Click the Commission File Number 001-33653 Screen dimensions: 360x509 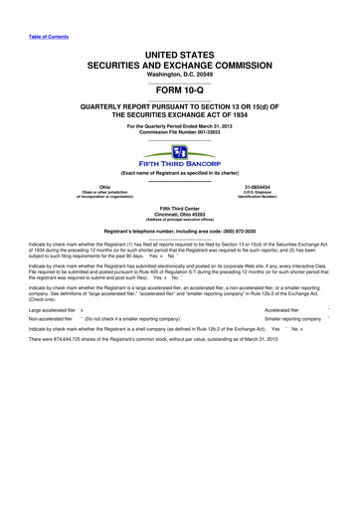point(180,134)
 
